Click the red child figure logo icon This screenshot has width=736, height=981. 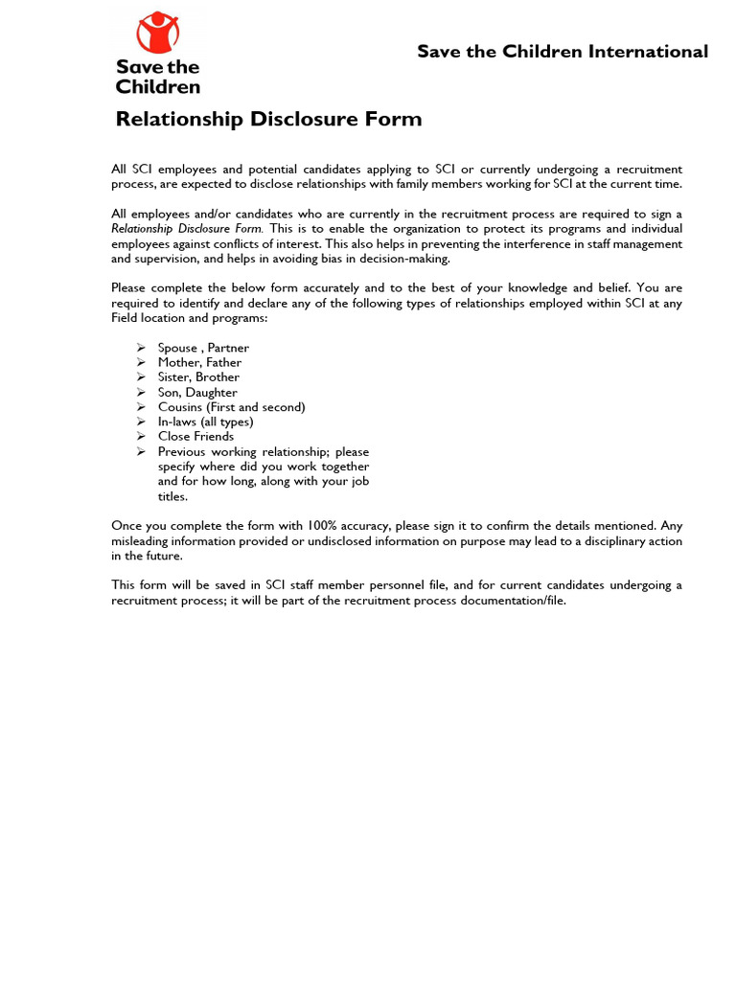point(158,33)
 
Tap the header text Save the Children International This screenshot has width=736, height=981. point(563,52)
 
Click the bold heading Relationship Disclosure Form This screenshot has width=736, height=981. point(268,120)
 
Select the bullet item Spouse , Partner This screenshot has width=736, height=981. point(203,348)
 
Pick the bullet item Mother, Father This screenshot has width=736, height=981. point(199,362)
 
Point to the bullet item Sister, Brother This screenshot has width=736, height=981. point(198,377)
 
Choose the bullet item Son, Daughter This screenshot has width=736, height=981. point(197,392)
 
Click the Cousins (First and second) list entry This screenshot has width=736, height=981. point(231,407)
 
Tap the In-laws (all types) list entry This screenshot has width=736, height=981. point(205,422)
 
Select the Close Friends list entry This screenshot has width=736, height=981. point(195,436)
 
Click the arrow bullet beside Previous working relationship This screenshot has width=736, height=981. point(141,451)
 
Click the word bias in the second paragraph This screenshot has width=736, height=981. point(312,259)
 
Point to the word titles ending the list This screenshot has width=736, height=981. point(172,496)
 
